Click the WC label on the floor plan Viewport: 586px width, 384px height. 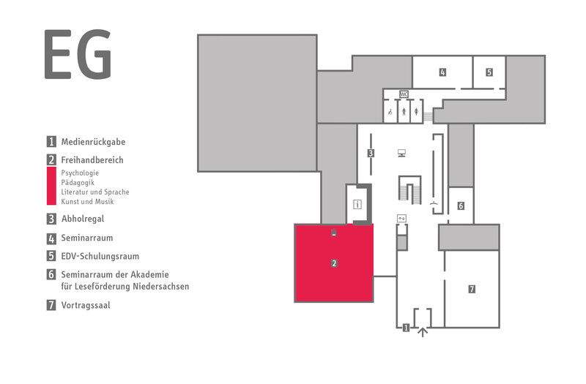click(404, 94)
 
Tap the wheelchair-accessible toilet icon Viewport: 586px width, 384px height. click(390, 112)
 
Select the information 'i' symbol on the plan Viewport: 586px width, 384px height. click(357, 204)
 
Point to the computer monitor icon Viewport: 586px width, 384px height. click(401, 153)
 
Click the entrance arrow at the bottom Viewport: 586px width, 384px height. click(423, 332)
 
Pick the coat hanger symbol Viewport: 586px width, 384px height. click(434, 203)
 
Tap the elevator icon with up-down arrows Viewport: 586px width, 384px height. click(401, 218)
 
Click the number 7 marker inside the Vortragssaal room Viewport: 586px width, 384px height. click(472, 289)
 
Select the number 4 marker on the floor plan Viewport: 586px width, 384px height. click(442, 72)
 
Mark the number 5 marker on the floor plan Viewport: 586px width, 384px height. click(489, 72)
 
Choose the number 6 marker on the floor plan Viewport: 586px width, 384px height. click(461, 206)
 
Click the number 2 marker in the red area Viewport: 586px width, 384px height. click(334, 263)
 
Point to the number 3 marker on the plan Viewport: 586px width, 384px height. click(371, 153)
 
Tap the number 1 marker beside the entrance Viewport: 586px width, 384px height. click(406, 328)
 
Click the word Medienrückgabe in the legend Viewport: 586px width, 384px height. click(94, 142)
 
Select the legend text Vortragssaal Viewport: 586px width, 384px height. click(86, 305)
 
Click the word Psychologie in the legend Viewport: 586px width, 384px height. click(80, 173)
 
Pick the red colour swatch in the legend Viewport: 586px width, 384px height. click(51, 186)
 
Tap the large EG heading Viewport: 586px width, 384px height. click(78, 54)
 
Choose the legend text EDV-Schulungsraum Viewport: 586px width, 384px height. click(100, 257)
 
